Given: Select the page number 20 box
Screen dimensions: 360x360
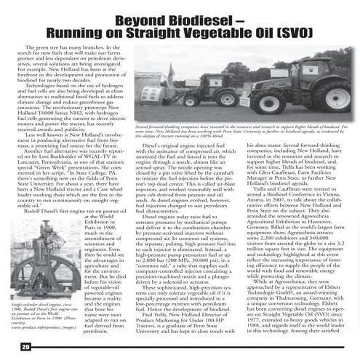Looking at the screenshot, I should (x=24, y=346).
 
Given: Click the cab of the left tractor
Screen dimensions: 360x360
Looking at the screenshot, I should (x=185, y=69).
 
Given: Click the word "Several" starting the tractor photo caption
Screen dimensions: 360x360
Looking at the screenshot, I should (x=143, y=126).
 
